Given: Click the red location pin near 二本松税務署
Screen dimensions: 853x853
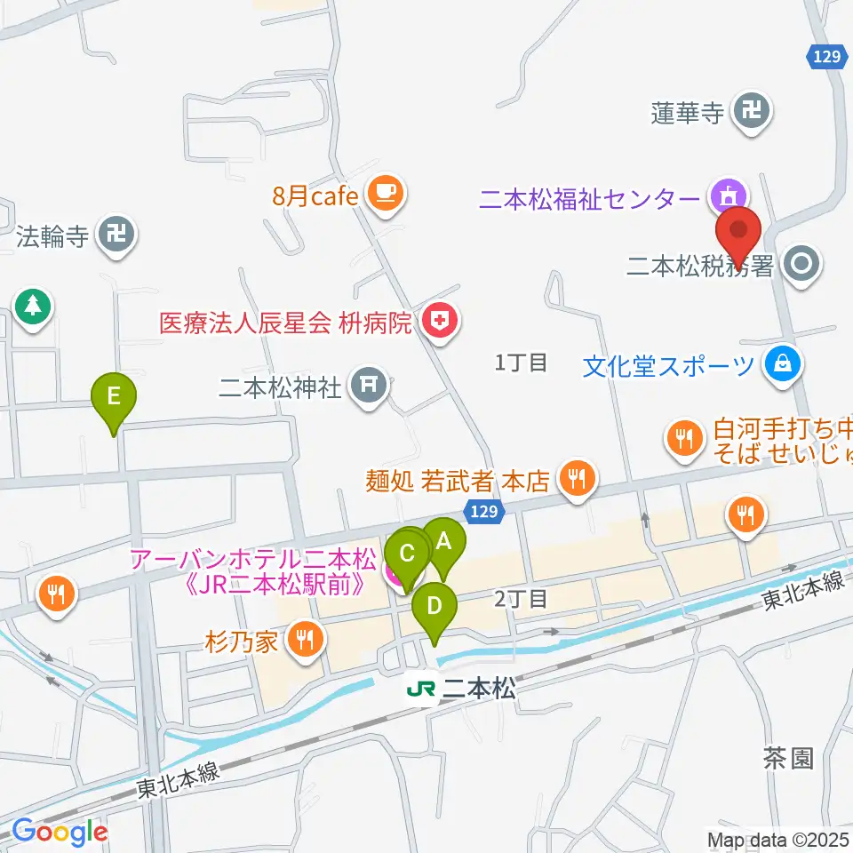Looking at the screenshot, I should tap(739, 233).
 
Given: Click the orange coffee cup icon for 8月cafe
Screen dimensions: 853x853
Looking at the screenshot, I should tap(385, 195).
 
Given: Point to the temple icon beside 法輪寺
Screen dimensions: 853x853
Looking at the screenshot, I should tap(116, 236).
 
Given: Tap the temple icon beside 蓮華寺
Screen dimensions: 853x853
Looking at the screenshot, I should tap(753, 113).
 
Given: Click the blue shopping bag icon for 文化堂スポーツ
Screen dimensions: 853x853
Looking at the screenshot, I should tap(785, 365).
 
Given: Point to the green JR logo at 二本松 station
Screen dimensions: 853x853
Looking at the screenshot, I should tap(421, 690).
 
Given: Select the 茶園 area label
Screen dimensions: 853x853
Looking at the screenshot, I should tap(788, 758).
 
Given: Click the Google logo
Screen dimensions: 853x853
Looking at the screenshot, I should tap(60, 833).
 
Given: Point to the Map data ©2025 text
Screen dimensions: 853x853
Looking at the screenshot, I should tap(778, 840).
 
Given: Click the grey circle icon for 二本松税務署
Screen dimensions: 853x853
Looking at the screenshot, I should tap(802, 264).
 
